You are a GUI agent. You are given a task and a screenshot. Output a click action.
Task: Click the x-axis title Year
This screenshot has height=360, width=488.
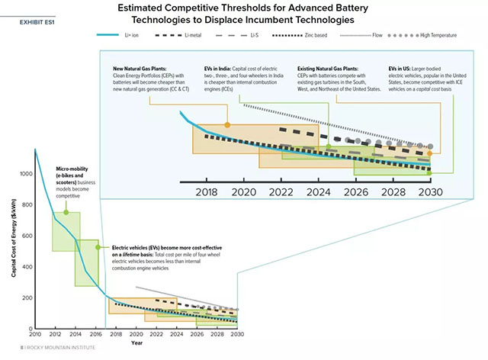pyautogui.click(x=135, y=342)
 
